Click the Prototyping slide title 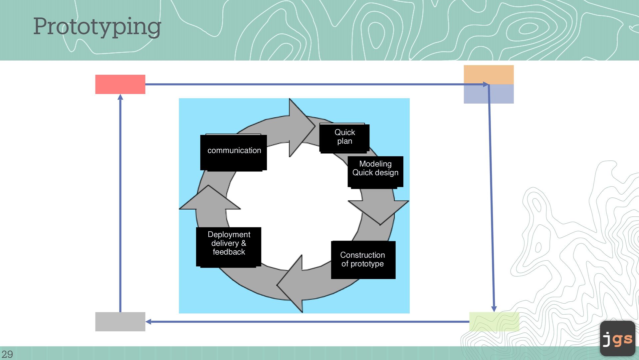coord(97,27)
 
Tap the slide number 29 coord(7,354)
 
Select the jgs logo coord(618,338)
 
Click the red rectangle coord(120,84)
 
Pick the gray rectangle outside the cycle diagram coord(120,322)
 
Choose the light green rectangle coord(494,322)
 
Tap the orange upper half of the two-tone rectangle coord(489,75)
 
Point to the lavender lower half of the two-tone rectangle coord(489,94)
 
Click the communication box coord(234,153)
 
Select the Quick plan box coord(344,138)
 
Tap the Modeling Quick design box coord(375,172)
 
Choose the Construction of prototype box coord(363,260)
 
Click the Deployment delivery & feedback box coord(229,247)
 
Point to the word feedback coord(229,252)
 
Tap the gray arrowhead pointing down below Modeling coord(379,211)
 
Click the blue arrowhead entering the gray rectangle coord(148,322)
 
